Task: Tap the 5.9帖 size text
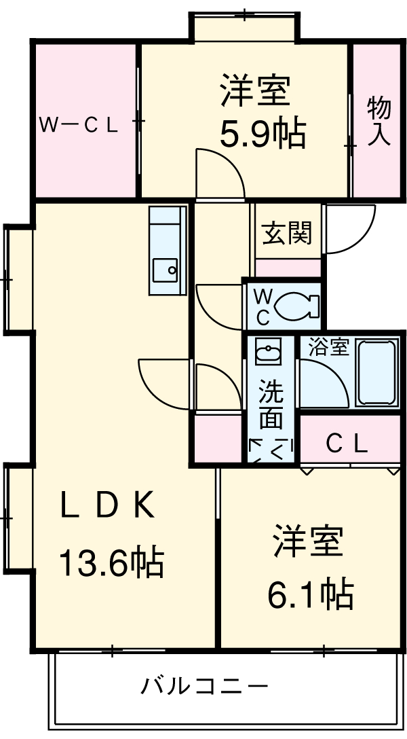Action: point(262,134)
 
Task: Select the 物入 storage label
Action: point(378,122)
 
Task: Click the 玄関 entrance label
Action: point(287,233)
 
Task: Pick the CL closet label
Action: point(347,444)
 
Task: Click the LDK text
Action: point(109,507)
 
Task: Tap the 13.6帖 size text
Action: point(111,562)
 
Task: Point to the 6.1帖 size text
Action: point(310,594)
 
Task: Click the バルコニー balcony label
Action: point(204,686)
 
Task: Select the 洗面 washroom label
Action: point(270,405)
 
